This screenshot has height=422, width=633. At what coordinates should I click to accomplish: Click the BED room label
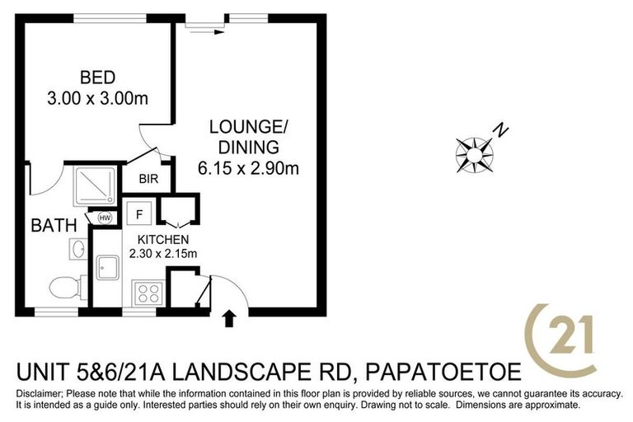point(96,78)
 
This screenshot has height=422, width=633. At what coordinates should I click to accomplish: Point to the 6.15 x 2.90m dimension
point(247,169)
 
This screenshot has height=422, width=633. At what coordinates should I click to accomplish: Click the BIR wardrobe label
point(148,179)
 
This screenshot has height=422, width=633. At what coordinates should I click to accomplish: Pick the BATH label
point(54,225)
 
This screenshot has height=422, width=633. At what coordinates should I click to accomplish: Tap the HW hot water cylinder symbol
point(105,218)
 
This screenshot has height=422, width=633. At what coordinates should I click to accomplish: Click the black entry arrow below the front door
point(229,318)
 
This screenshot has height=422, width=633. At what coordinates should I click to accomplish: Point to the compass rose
point(474,152)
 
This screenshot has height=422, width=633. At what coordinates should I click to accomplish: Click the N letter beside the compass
point(500,129)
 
